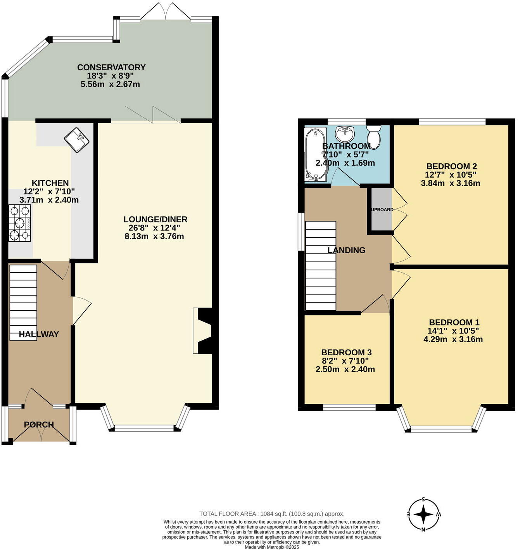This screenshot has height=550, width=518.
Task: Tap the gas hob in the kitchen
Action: (20, 223)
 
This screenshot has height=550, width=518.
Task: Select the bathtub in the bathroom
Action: (315, 154)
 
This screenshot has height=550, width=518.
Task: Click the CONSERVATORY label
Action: (111, 67)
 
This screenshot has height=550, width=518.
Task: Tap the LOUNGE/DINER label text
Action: (155, 219)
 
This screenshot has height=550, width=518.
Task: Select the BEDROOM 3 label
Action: (346, 352)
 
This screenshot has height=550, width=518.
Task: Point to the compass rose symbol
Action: (424, 515)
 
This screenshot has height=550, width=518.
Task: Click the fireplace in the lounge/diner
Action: (203, 331)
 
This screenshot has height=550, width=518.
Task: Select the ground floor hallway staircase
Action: (23, 303)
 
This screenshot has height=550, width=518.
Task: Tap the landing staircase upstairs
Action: (320, 266)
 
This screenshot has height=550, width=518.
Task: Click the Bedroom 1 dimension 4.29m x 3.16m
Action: (453, 339)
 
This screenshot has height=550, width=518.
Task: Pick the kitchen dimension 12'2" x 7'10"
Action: (49, 191)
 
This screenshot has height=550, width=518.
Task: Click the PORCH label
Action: (39, 425)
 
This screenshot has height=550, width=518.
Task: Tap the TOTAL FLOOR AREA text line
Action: (271, 514)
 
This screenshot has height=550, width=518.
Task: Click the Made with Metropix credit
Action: (271, 547)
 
